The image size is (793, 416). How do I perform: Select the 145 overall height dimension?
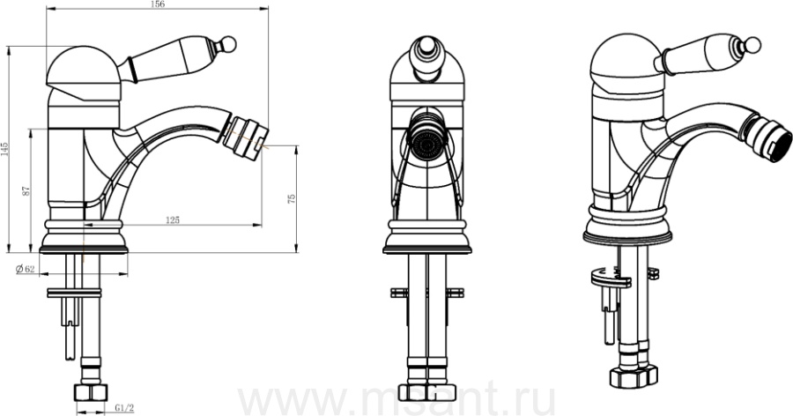[x=4, y=149]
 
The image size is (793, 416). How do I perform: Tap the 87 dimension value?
[x=26, y=191]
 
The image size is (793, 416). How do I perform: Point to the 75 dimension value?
[x=292, y=199]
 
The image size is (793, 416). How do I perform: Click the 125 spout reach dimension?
[x=173, y=219]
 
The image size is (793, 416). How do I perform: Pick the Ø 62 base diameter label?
[x=26, y=269]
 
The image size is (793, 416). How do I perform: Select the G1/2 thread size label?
[x=124, y=407]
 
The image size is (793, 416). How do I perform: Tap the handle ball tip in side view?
[x=229, y=43]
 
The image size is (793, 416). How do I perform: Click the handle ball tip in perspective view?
[x=753, y=45]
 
